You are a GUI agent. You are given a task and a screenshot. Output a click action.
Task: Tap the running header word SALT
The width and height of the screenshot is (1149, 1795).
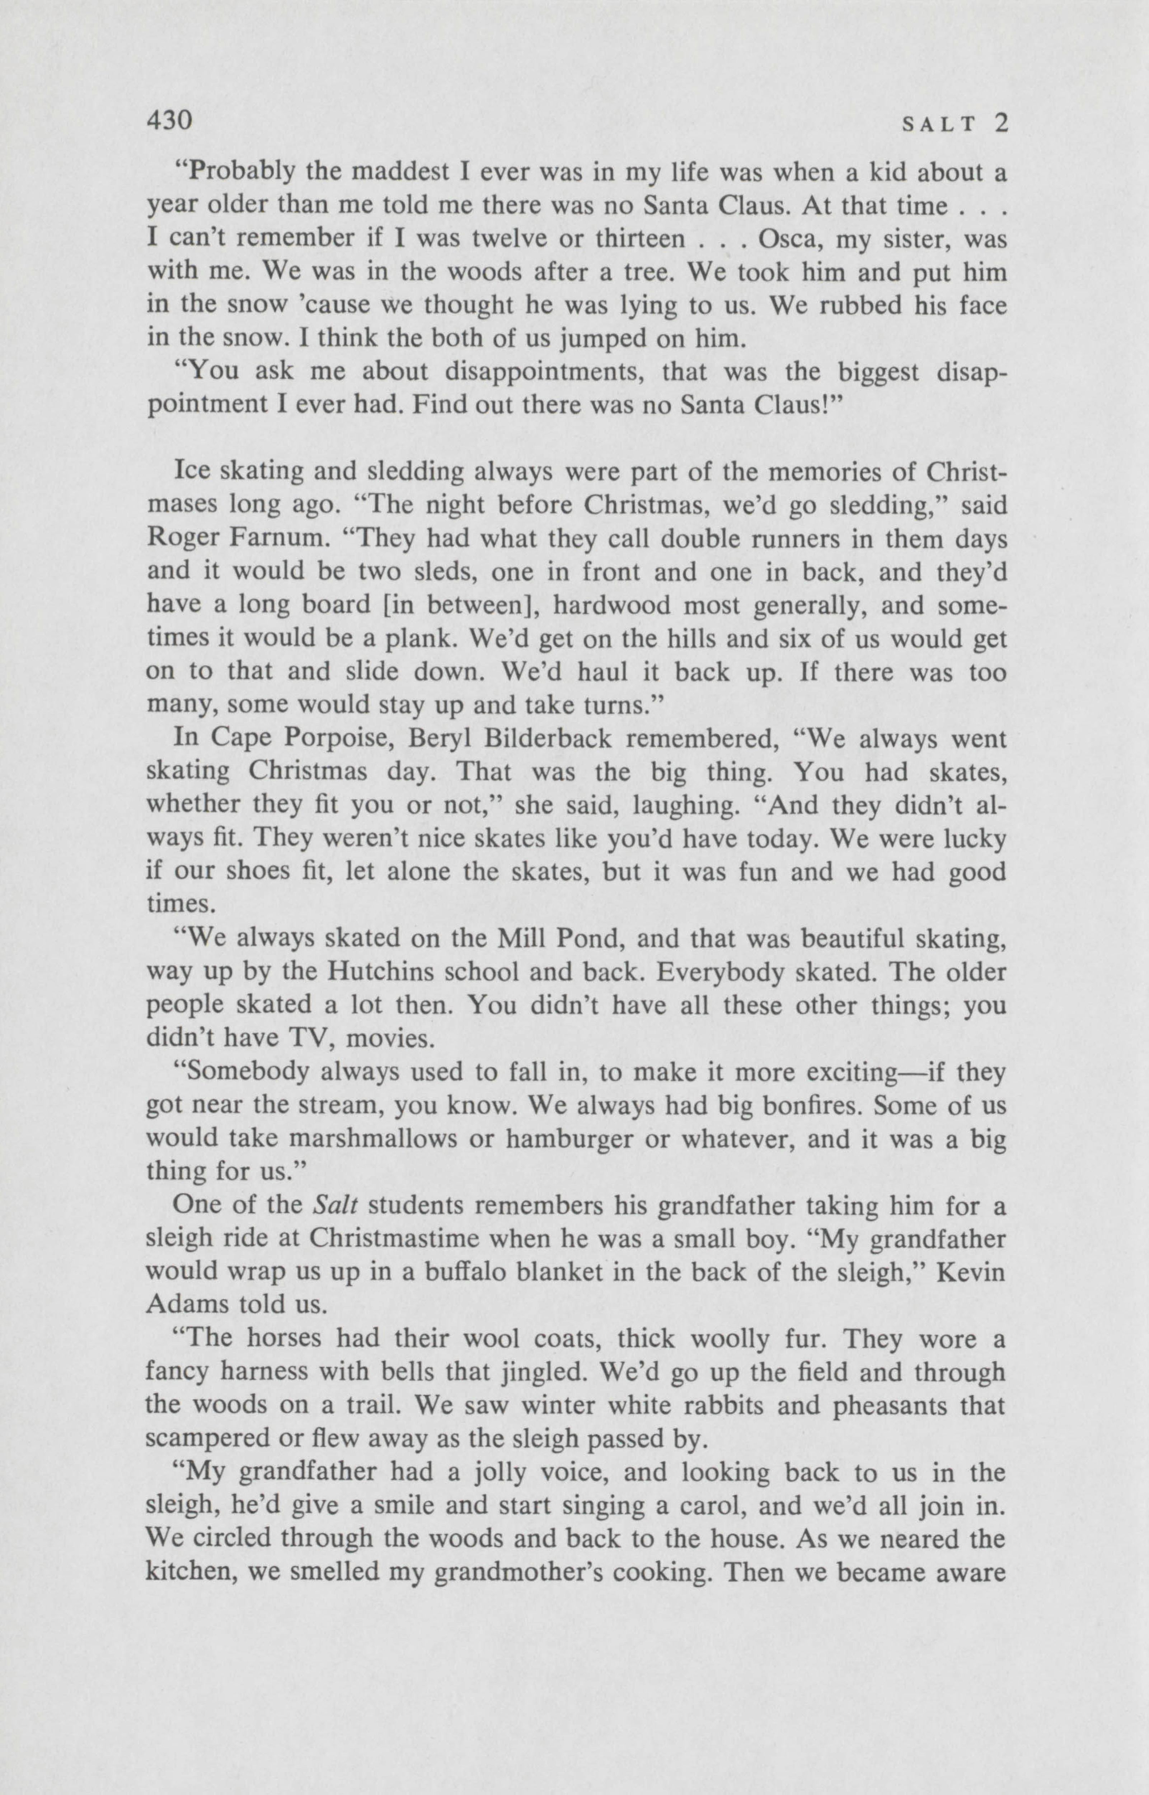[939, 125]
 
